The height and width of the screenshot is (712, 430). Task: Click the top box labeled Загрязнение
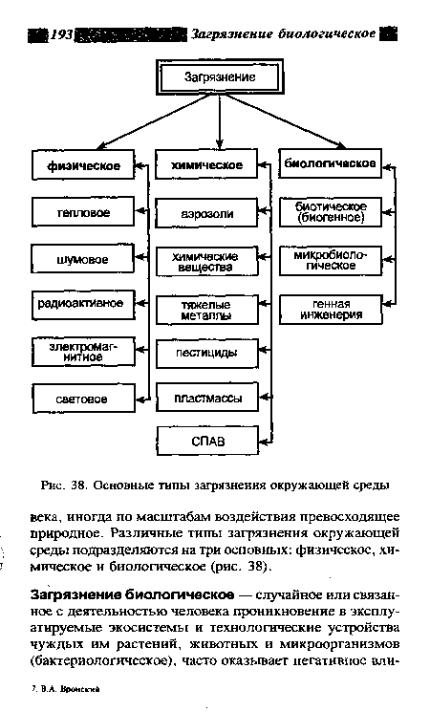click(x=219, y=76)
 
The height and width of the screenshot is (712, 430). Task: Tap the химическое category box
click(x=206, y=166)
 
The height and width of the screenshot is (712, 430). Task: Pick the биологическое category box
click(x=330, y=163)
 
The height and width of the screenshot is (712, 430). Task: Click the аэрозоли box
click(x=206, y=212)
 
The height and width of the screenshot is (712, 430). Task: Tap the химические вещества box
click(x=206, y=261)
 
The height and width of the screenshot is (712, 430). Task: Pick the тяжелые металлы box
click(x=206, y=311)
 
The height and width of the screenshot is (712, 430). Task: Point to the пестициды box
click(x=206, y=354)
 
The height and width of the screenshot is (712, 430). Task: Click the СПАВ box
click(x=206, y=441)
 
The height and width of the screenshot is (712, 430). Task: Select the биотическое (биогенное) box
click(x=330, y=211)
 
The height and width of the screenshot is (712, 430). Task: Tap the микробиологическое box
click(x=330, y=261)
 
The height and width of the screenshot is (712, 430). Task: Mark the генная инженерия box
click(x=330, y=309)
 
